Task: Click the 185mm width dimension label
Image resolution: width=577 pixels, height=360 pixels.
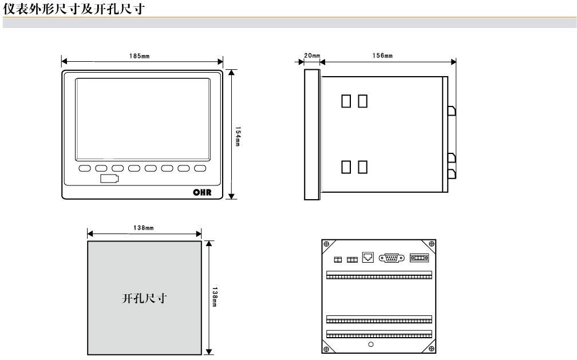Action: tap(139, 56)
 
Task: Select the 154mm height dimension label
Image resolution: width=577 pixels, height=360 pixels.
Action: tap(238, 136)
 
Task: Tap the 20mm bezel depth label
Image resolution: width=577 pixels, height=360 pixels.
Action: tap(312, 56)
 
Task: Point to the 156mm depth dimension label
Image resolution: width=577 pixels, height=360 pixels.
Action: tap(382, 56)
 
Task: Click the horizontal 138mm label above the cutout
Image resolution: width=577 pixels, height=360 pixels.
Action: tap(144, 228)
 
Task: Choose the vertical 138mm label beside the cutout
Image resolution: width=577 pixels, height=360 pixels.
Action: tap(215, 297)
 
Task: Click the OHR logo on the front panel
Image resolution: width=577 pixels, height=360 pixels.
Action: tap(203, 192)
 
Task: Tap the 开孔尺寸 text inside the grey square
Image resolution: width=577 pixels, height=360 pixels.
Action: tap(144, 298)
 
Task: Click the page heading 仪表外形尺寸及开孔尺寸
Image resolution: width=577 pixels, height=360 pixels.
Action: tap(74, 9)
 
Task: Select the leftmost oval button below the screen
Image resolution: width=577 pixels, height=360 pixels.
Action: tap(85, 168)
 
